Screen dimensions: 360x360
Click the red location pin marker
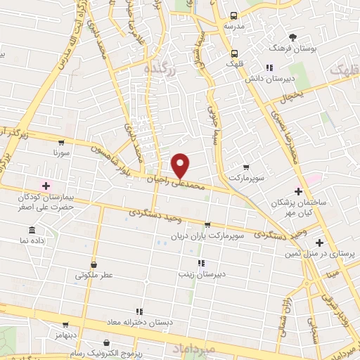point(181,165)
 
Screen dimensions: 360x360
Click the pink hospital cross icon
point(46,186)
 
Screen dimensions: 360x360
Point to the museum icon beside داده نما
point(32,230)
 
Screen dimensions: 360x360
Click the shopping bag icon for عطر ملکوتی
point(94,265)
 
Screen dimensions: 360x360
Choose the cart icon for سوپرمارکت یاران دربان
point(207,226)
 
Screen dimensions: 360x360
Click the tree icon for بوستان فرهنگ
point(292,37)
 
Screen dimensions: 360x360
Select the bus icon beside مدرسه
point(234,15)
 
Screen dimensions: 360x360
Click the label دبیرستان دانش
point(268,79)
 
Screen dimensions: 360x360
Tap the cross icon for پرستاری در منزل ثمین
point(319,242)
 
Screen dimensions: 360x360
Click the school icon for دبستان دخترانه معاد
point(139,311)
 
